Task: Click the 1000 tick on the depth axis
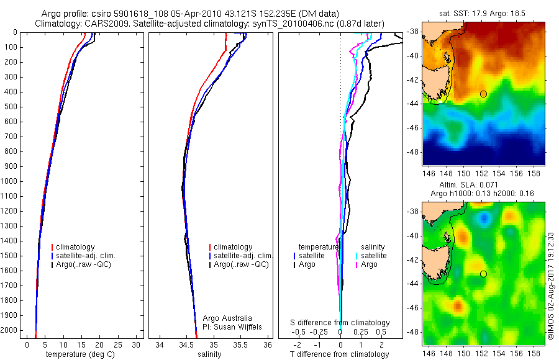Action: (10, 181)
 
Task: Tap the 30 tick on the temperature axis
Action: (136, 344)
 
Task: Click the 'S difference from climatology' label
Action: (340, 323)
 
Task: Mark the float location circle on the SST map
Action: (483, 94)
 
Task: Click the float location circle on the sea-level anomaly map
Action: (483, 274)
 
